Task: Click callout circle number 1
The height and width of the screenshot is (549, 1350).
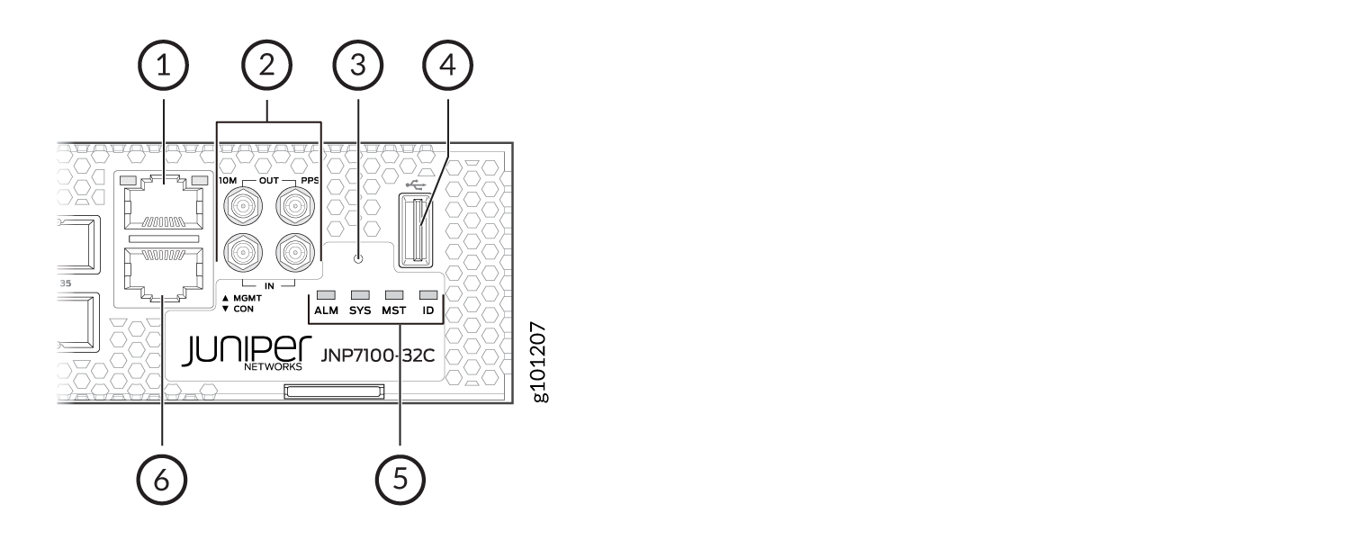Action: click(x=163, y=65)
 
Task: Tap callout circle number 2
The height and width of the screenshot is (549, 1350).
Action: click(x=267, y=65)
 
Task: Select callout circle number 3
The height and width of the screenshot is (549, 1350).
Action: click(x=358, y=65)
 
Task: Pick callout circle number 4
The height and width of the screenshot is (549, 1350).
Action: click(x=448, y=65)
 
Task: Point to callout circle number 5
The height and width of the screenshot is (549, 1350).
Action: click(x=400, y=480)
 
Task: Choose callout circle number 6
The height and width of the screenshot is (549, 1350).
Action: click(x=161, y=480)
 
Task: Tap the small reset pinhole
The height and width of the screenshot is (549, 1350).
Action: click(x=358, y=258)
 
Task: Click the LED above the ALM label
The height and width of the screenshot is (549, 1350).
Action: click(x=326, y=295)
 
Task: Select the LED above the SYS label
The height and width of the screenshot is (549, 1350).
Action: click(x=360, y=295)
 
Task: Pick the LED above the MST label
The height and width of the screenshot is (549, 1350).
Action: click(x=394, y=295)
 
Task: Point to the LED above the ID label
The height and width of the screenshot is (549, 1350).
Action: click(x=428, y=295)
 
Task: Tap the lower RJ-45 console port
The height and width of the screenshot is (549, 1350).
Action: click(x=163, y=274)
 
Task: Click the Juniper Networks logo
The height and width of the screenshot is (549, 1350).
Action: click(x=247, y=352)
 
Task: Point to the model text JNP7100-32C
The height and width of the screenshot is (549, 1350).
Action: click(x=378, y=355)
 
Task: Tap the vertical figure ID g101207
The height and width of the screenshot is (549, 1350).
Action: click(x=538, y=362)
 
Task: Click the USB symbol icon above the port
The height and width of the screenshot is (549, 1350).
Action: click(x=416, y=184)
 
